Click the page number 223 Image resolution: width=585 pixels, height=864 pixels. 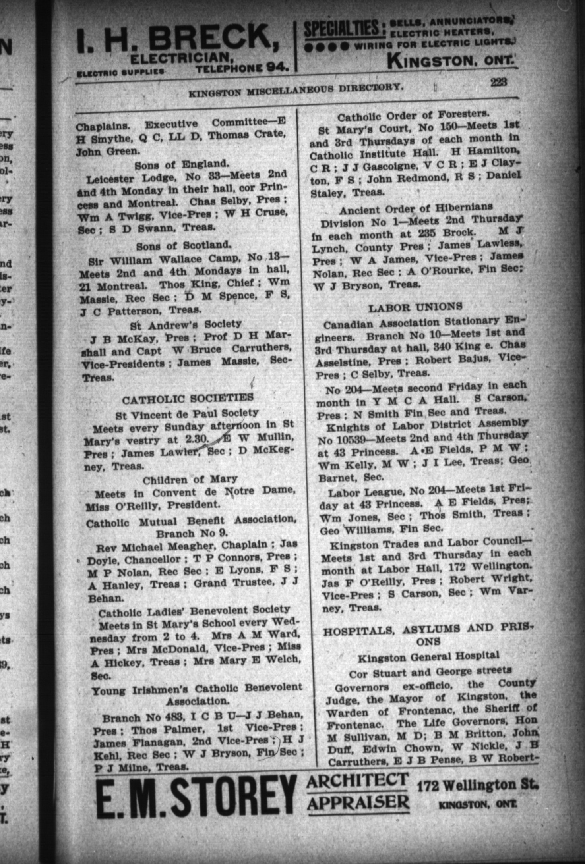click(x=498, y=82)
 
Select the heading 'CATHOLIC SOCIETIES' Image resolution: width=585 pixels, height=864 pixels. click(x=188, y=398)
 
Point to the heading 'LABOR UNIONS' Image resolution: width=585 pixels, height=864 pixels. click(x=415, y=307)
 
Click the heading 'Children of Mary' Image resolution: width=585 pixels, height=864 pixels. click(x=190, y=480)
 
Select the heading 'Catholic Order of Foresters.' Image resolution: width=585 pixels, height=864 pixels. click(x=413, y=115)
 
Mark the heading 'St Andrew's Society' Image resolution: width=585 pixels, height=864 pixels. click(x=186, y=324)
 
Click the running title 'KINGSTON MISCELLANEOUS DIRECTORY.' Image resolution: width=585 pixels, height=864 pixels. click(x=294, y=90)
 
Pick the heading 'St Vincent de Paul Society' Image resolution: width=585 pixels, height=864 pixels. click(x=187, y=414)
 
